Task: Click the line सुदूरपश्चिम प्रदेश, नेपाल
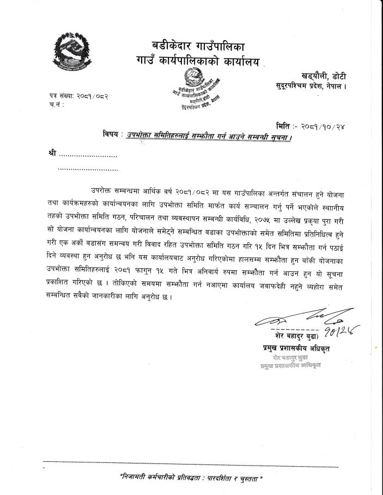tap(311, 86)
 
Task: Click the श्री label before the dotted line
tap(52, 155)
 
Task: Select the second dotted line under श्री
tap(88, 169)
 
